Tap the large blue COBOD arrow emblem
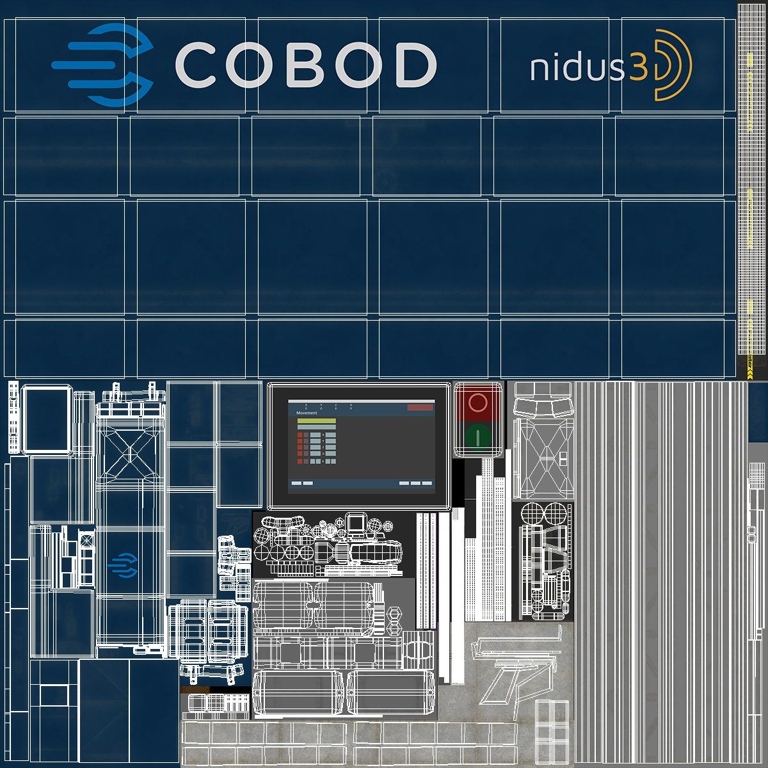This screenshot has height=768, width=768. (x=106, y=65)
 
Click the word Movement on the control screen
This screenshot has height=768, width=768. (x=307, y=413)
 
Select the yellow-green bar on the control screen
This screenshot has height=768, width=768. (x=316, y=421)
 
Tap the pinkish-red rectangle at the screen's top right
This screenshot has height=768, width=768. (x=420, y=407)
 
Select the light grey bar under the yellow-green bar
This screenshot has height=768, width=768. (x=316, y=428)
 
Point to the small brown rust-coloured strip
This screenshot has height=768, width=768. (x=195, y=689)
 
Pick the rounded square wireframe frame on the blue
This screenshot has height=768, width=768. (x=46, y=419)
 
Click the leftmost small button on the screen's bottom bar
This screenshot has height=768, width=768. (x=296, y=483)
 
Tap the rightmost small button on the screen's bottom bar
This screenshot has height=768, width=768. (x=427, y=483)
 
